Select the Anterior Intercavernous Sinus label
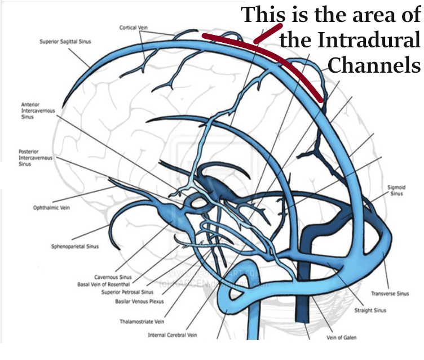[38, 111]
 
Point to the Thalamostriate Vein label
[141, 322]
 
